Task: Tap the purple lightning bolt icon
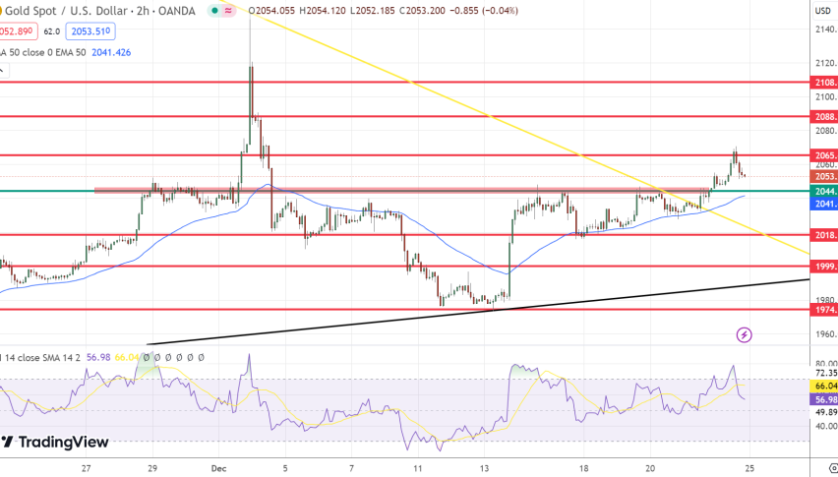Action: (745, 335)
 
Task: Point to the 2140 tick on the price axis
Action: (825, 29)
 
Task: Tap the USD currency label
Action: (823, 10)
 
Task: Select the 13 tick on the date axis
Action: (485, 469)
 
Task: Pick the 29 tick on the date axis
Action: (153, 469)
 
